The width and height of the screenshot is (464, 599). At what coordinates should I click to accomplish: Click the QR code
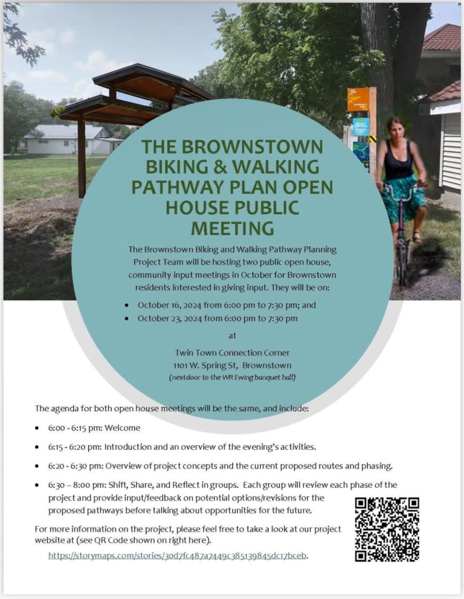(x=387, y=529)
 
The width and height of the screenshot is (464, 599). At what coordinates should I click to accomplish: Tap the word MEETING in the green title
(x=232, y=228)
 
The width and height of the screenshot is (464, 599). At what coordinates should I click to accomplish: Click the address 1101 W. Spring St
(x=206, y=365)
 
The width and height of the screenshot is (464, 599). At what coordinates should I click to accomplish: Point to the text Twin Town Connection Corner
(x=232, y=353)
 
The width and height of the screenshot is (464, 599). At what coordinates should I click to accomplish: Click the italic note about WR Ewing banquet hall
(x=232, y=377)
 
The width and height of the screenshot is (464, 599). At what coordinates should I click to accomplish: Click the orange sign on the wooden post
(x=358, y=99)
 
